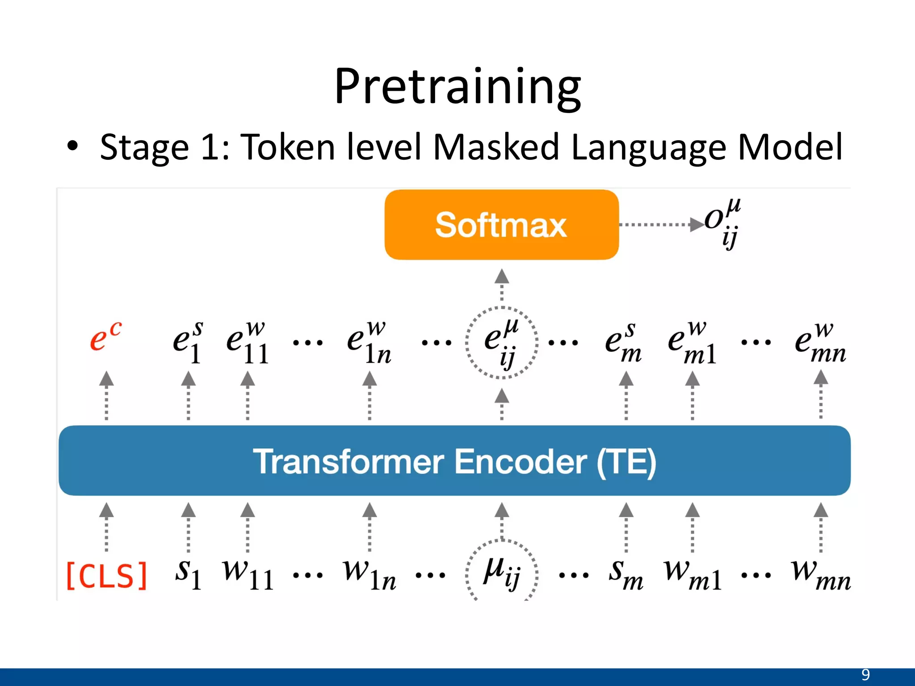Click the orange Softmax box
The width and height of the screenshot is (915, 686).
click(501, 225)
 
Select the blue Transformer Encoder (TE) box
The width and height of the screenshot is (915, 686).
click(454, 460)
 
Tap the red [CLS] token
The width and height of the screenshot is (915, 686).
click(106, 576)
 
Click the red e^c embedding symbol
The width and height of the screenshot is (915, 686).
click(105, 337)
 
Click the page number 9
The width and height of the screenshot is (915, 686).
click(865, 674)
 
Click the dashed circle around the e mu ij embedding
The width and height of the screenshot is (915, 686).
click(501, 343)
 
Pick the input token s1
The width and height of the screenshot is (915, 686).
click(188, 574)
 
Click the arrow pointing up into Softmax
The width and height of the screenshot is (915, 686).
click(502, 286)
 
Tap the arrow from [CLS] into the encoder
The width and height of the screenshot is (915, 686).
click(106, 527)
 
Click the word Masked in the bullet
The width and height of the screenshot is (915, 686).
click(496, 147)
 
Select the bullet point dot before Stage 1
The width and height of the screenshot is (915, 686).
click(72, 146)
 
